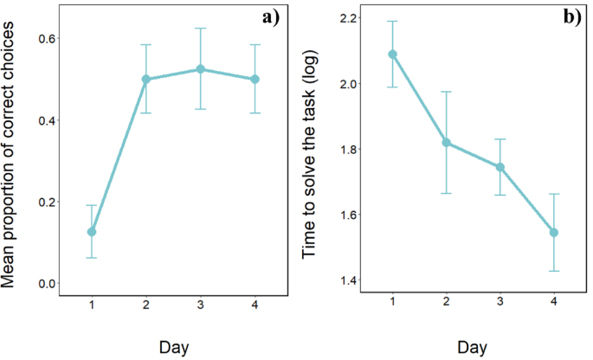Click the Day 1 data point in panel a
coord(91,232)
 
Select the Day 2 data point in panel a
coord(146,79)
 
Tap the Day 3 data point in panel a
coord(201,69)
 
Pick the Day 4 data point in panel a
coord(256,79)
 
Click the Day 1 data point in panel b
coord(392,54)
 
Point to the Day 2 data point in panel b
coord(447,142)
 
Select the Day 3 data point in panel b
coord(501,167)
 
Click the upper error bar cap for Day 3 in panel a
coord(201,29)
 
